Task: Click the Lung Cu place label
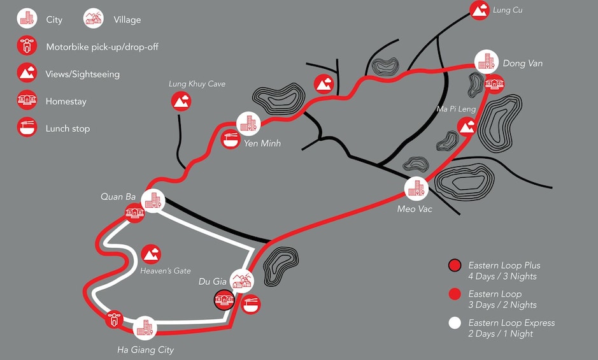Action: tap(508, 10)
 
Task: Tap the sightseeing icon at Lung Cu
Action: tap(480, 10)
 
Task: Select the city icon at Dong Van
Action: tap(487, 62)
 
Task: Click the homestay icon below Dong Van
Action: tap(494, 84)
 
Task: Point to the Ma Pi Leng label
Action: tap(456, 109)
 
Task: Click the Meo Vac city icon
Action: tap(416, 189)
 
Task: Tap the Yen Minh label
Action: tap(262, 143)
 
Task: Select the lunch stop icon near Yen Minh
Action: tap(231, 139)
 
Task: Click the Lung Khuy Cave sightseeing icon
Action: tap(181, 101)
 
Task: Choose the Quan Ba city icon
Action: tap(153, 201)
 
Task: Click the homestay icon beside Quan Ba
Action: tap(135, 213)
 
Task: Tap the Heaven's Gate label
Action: tap(166, 271)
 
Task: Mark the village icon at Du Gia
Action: tap(242, 281)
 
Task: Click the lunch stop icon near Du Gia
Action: tap(251, 305)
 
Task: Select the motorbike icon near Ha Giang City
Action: tap(114, 319)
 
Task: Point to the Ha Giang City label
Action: tap(145, 350)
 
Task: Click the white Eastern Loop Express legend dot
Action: tap(455, 322)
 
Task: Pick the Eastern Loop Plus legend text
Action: tap(504, 271)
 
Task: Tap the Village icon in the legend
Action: tap(94, 18)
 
